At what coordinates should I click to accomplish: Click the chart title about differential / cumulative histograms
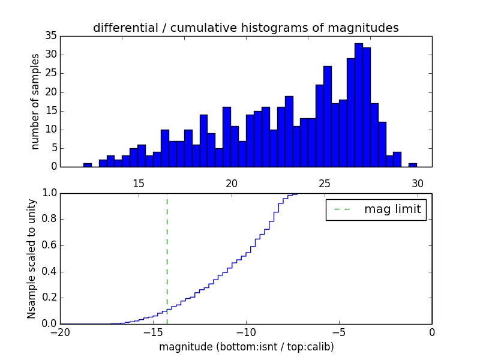(x=245, y=28)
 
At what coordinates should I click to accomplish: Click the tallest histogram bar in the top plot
(x=358, y=105)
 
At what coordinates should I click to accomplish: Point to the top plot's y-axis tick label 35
(x=50, y=36)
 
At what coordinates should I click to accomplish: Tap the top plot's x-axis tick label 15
(x=139, y=184)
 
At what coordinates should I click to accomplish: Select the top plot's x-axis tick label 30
(x=418, y=184)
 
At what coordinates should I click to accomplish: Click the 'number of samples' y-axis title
(x=35, y=101)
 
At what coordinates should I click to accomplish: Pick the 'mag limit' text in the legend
(x=392, y=209)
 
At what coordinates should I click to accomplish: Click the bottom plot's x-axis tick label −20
(x=61, y=332)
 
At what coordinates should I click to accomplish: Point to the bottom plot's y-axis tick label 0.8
(x=47, y=219)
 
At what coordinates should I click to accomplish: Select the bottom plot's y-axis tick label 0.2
(x=47, y=298)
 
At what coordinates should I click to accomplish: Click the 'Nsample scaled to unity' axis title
(x=32, y=259)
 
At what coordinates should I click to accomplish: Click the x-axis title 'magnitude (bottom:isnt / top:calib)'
(x=246, y=347)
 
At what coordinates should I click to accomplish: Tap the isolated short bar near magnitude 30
(x=412, y=165)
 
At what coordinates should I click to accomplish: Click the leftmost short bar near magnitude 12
(x=88, y=165)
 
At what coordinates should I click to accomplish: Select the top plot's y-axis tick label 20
(x=50, y=92)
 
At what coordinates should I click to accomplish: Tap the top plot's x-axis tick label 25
(x=325, y=184)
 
